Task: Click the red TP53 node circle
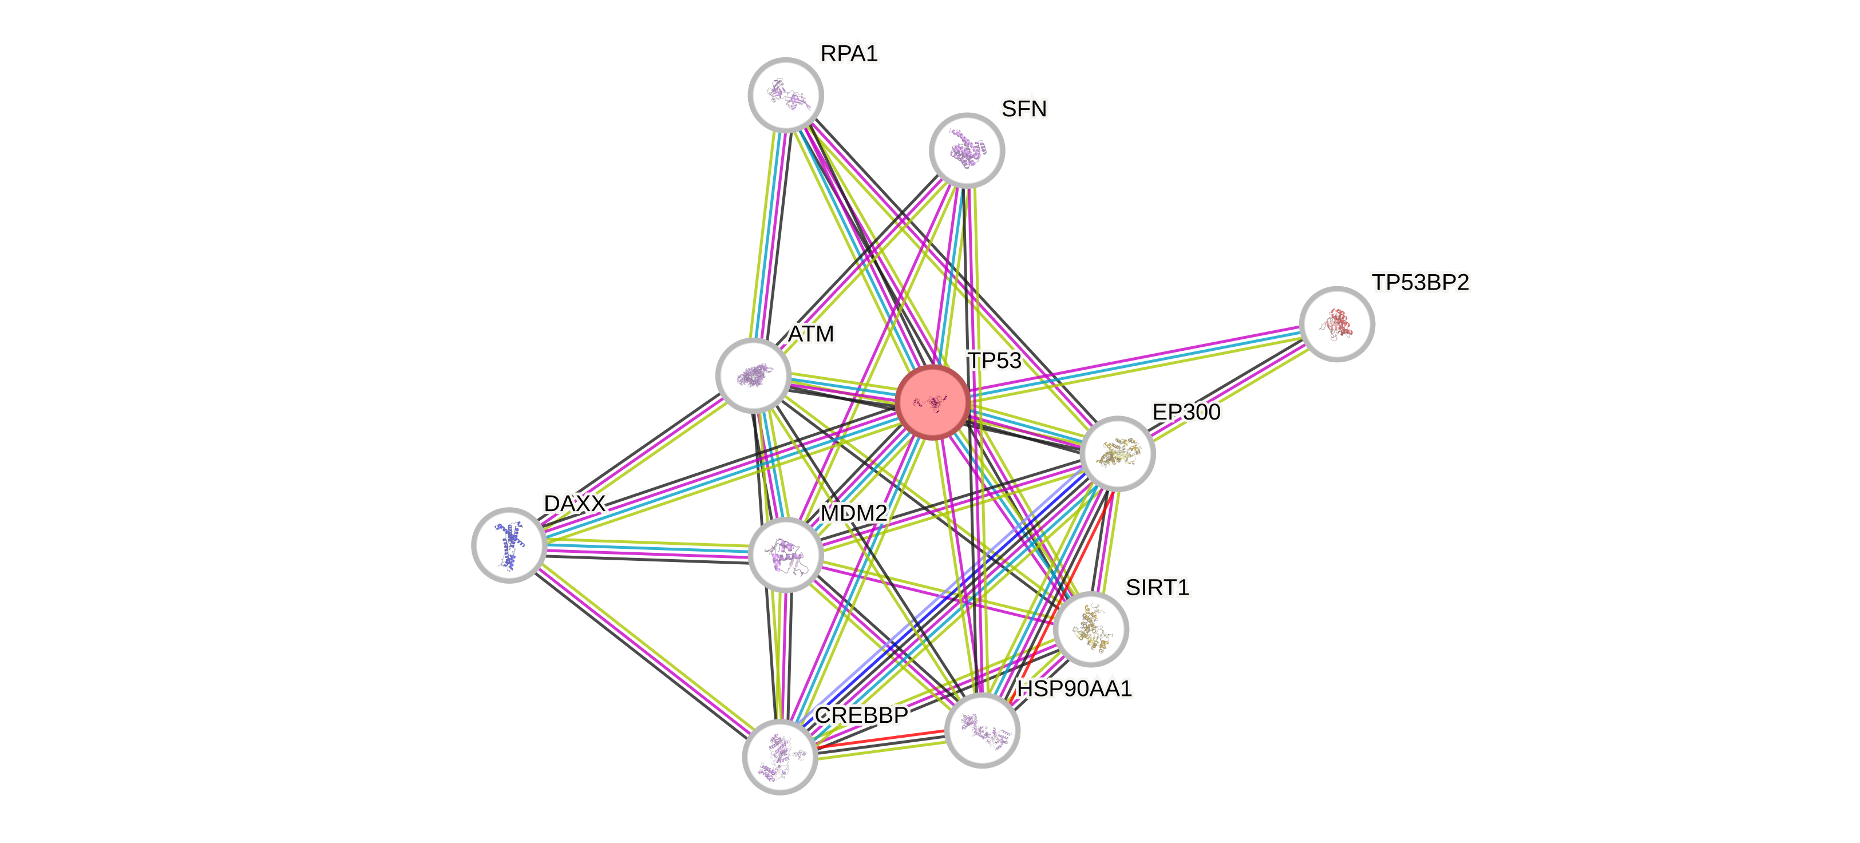(933, 402)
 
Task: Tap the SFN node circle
(966, 150)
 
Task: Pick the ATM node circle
(753, 375)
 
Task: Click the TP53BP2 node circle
(1336, 324)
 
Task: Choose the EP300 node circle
(1117, 453)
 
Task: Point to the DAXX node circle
(509, 545)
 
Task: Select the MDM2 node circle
(785, 555)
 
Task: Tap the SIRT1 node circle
(1090, 628)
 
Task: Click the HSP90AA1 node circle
(982, 730)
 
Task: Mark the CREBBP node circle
(780, 757)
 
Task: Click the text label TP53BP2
(1420, 282)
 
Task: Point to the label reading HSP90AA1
(1074, 688)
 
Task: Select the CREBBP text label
(861, 715)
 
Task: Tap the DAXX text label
(575, 503)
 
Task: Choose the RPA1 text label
(849, 53)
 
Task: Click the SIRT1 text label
(1157, 588)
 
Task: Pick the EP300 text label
(1186, 412)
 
